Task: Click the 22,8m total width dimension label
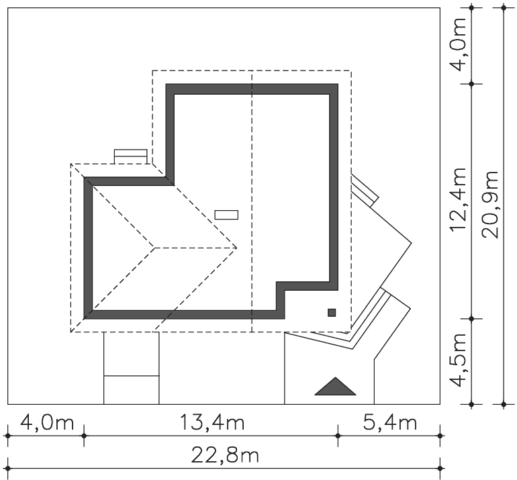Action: (225, 456)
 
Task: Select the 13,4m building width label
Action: (212, 423)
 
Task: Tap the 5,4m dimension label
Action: (389, 423)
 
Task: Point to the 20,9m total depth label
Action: (490, 204)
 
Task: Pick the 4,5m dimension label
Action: (459, 361)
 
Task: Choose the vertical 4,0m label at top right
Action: (459, 44)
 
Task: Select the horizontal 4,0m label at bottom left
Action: (47, 423)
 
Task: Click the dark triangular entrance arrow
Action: (335, 386)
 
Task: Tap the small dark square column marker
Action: (332, 313)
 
